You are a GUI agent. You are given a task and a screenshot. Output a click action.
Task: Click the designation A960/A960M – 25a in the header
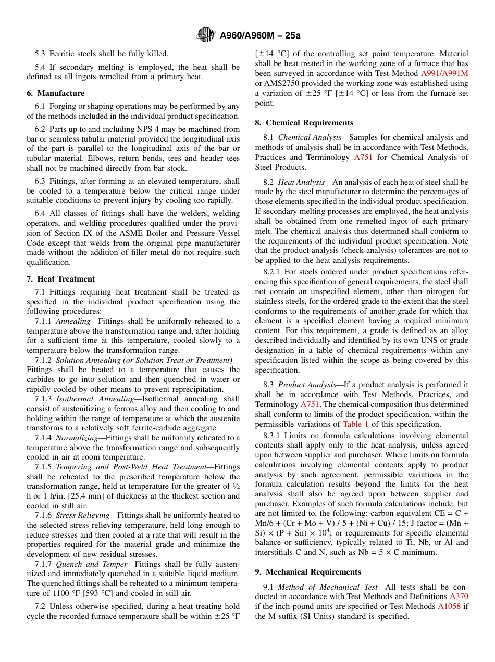(x=260, y=35)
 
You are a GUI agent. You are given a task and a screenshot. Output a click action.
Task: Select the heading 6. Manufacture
(x=56, y=93)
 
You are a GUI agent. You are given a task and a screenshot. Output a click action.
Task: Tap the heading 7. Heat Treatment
(x=61, y=279)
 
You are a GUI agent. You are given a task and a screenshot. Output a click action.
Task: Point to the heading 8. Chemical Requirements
(x=304, y=123)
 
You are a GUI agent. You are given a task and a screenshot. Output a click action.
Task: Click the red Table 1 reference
(x=355, y=424)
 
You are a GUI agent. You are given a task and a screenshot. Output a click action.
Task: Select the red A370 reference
(x=459, y=596)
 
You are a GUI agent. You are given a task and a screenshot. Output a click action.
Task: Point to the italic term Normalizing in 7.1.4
(x=77, y=438)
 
